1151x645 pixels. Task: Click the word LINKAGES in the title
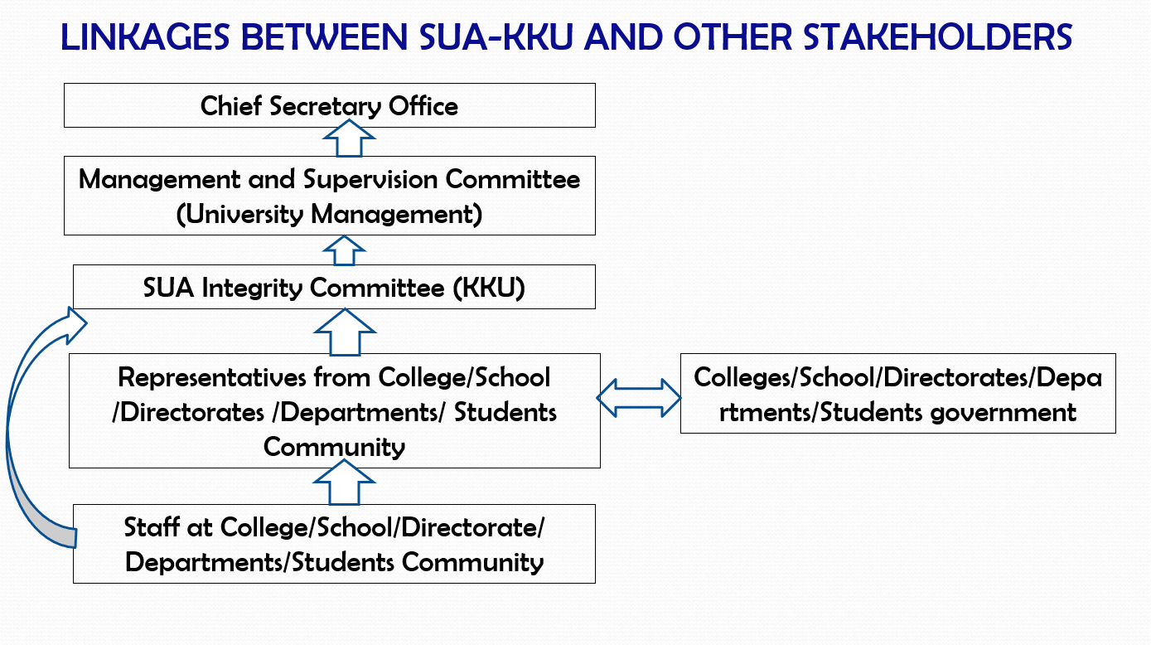coord(145,37)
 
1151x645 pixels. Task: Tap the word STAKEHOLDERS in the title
coord(937,37)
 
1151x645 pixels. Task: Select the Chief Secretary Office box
coord(329,105)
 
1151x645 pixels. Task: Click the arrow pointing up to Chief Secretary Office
coord(349,138)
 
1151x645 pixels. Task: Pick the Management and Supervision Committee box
coord(329,196)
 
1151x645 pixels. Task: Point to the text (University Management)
coord(329,215)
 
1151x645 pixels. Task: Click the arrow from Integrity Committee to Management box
coord(344,251)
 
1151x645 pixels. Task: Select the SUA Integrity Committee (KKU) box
coord(334,287)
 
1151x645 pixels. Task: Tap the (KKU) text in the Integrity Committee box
coord(489,288)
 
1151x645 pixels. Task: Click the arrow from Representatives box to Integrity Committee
coord(345,332)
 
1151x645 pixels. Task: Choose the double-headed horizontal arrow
coord(639,398)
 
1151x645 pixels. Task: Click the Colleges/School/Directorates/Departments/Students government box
coord(897,393)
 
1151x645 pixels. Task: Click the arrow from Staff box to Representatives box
coord(344,482)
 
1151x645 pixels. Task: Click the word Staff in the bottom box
coord(152,527)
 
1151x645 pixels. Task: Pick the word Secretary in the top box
coord(326,107)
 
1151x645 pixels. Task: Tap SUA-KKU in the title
coord(496,37)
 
